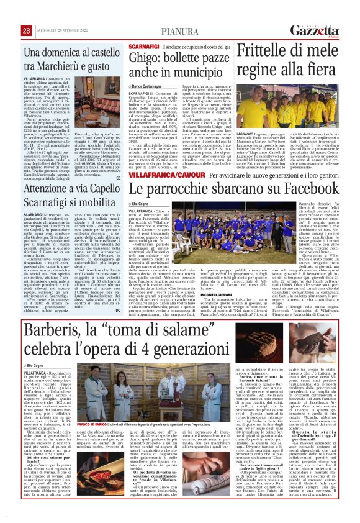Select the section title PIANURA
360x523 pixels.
[179, 31]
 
